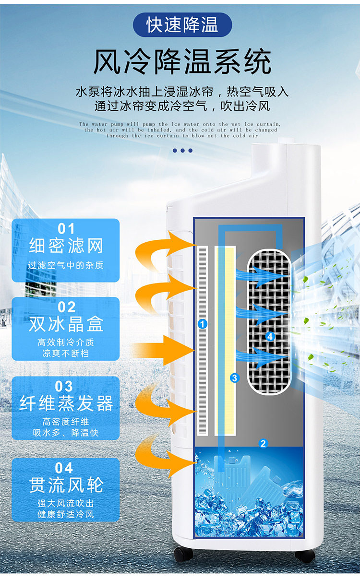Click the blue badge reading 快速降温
click(x=182, y=25)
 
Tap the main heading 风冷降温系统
click(x=182, y=62)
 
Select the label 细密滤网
click(x=66, y=246)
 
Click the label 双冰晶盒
click(x=66, y=325)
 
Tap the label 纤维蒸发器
click(x=66, y=403)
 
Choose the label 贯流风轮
click(x=66, y=484)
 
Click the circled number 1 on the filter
click(x=203, y=324)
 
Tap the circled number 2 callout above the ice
click(x=263, y=444)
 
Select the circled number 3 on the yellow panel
click(x=234, y=378)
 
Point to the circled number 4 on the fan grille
click(x=269, y=337)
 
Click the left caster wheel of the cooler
click(x=183, y=554)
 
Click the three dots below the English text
click(x=182, y=151)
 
